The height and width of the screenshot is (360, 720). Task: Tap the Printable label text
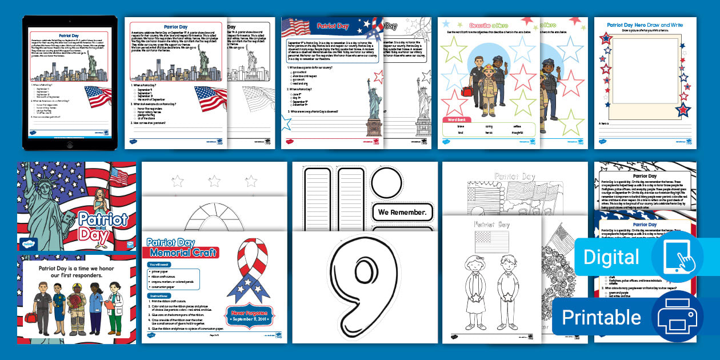[x=602, y=317]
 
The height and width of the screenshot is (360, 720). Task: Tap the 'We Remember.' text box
[x=401, y=213]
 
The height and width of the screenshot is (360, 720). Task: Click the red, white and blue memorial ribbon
[x=248, y=269]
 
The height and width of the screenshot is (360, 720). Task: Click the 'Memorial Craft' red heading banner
[x=183, y=253]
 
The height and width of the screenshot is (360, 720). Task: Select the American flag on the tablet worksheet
[x=98, y=96]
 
